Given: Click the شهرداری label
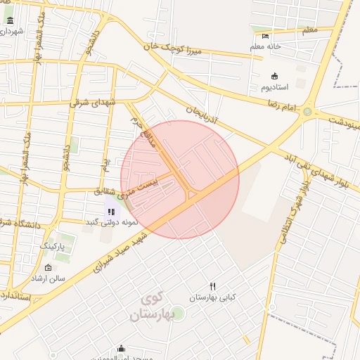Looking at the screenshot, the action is coord(12,32).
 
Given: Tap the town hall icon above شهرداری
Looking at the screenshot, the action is coord(10,20).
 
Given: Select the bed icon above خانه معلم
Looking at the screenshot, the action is coord(265,36).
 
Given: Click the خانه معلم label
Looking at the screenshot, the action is coord(265,46).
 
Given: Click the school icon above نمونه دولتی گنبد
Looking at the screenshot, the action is coord(111,211).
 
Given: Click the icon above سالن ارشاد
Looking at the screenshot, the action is coord(48,268).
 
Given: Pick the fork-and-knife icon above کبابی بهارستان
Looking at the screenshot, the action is coord(212,286).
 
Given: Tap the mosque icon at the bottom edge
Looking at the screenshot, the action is coord(121,349).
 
